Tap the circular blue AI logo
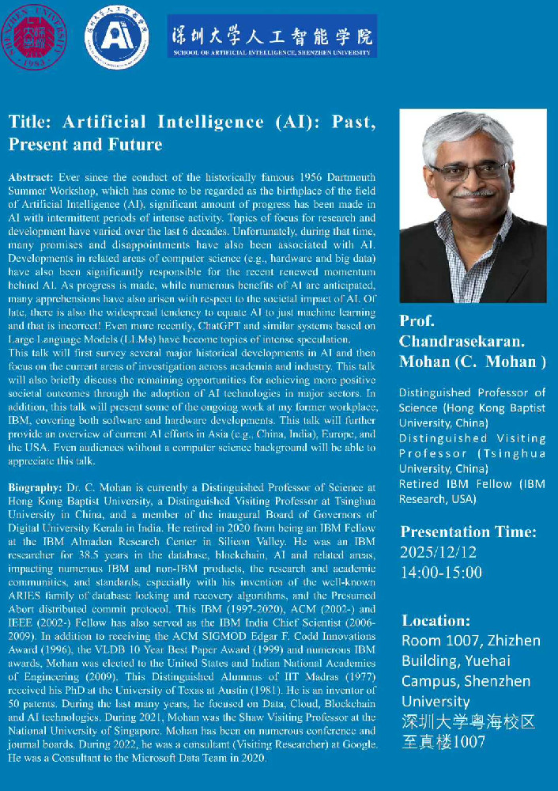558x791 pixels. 114,37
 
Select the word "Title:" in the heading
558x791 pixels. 31,123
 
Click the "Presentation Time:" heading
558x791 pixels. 469,531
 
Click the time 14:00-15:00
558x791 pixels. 441,571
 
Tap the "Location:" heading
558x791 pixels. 435,620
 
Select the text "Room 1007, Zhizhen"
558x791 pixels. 470,640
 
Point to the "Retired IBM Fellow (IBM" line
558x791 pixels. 471,484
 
